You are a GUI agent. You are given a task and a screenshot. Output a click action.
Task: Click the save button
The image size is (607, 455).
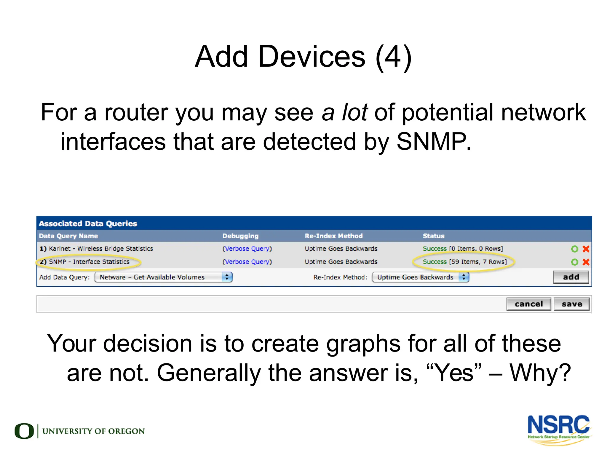(x=571, y=304)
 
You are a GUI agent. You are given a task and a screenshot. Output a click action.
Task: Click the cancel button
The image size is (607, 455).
(x=528, y=304)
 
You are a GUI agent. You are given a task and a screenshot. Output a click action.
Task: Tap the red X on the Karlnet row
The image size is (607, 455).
(x=586, y=249)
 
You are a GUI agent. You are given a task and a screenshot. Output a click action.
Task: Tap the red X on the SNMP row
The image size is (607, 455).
(x=586, y=262)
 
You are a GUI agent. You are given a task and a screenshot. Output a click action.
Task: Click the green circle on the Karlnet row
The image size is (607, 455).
(x=574, y=249)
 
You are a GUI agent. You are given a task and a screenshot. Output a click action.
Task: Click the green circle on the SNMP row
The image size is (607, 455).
(x=574, y=262)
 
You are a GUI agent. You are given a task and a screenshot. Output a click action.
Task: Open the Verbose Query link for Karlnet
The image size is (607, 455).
(x=247, y=249)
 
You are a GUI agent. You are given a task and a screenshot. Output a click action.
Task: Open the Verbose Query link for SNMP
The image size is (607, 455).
(x=247, y=262)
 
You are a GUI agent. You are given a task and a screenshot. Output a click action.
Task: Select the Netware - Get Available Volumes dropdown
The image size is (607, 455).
(x=163, y=277)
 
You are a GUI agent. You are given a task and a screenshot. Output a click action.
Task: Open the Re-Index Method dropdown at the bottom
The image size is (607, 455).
(x=420, y=277)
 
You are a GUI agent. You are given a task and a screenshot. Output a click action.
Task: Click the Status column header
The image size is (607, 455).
(x=433, y=236)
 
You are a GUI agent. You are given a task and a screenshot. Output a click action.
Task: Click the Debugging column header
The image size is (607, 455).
(x=240, y=236)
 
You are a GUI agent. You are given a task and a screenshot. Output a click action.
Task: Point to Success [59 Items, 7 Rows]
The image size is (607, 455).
(x=464, y=262)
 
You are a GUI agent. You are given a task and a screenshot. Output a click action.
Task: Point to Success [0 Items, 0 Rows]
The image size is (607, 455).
(x=463, y=249)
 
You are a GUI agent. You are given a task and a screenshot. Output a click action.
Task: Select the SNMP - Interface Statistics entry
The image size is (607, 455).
(x=89, y=262)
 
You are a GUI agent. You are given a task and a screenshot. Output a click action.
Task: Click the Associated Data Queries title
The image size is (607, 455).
(x=88, y=223)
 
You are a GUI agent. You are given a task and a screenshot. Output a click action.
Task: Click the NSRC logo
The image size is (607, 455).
(x=559, y=429)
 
